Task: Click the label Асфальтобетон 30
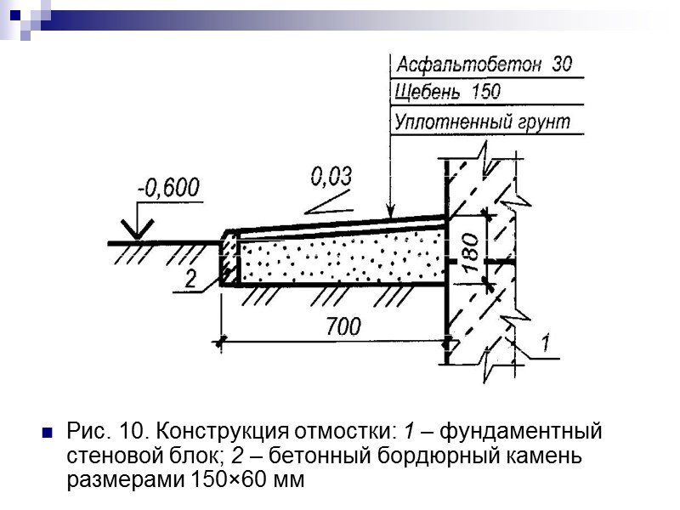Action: [483, 65]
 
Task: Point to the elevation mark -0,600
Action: [169, 188]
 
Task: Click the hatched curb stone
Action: [229, 258]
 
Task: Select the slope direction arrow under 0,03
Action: [328, 202]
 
